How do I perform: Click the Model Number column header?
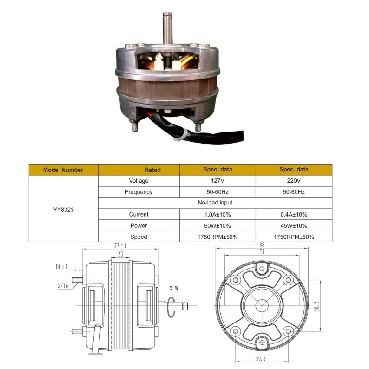63,170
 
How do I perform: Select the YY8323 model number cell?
63,210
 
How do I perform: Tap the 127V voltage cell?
217,181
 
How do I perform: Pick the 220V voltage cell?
294,181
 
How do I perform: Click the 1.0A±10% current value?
217,215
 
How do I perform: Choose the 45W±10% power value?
294,226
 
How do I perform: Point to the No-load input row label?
215,203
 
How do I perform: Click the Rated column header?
152,170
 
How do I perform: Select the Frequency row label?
138,192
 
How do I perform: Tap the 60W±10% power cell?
217,226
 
